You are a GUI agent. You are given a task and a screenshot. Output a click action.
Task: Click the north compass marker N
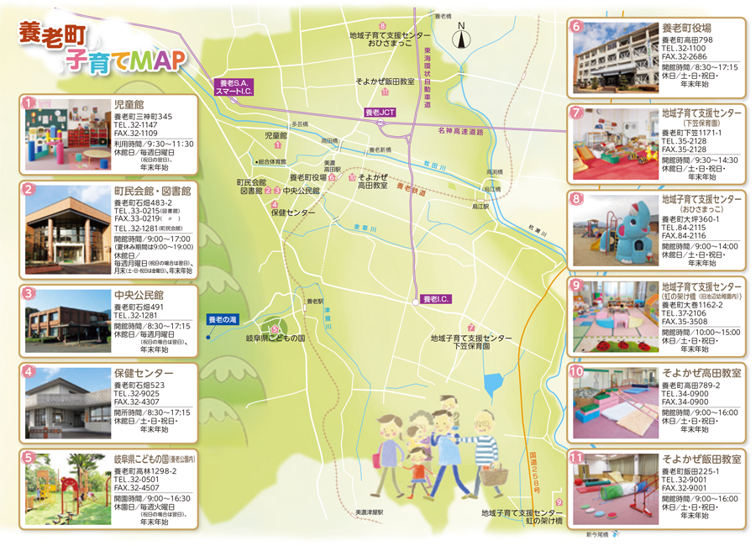coord(461,35)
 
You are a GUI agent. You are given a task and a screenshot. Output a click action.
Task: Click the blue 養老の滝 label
coord(223,320)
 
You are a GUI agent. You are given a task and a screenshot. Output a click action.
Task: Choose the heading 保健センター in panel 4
coord(144,373)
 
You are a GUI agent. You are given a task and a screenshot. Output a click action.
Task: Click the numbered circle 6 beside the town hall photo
coord(576,26)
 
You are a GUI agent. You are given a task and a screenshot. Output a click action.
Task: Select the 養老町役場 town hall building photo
coord(615,58)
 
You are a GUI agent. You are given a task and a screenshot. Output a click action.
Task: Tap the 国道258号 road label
coord(533,474)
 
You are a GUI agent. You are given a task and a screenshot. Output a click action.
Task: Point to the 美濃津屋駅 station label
coord(369,512)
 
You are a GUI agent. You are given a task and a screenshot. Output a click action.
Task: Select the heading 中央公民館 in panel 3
coord(139,295)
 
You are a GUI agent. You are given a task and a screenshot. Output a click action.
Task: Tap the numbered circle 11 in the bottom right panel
coord(576,458)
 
